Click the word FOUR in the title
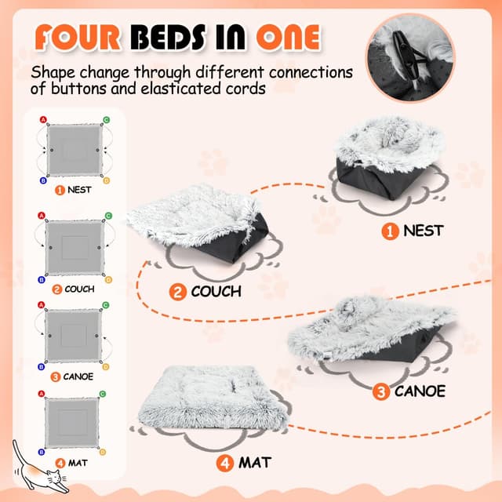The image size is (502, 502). tap(78, 38)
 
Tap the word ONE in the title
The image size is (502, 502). tap(289, 38)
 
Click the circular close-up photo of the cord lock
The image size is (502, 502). tap(410, 58)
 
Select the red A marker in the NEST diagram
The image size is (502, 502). tap(43, 120)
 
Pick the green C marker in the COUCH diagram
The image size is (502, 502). tap(108, 216)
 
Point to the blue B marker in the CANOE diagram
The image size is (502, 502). tap(42, 366)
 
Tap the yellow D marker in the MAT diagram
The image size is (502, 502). tap(103, 452)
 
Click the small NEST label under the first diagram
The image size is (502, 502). tap(79, 190)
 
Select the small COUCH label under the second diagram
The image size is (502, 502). tap(79, 289)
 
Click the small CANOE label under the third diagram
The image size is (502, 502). tap(78, 376)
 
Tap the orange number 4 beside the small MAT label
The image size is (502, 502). tap(60, 463)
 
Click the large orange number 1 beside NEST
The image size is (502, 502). tap(390, 231)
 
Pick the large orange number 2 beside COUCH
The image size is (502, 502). tap(178, 292)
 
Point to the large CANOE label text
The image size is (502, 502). tap(420, 391)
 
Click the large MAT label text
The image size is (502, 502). tap(255, 463)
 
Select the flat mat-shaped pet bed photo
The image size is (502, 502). tap(213, 398)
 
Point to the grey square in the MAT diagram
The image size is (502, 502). tap(71, 423)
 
